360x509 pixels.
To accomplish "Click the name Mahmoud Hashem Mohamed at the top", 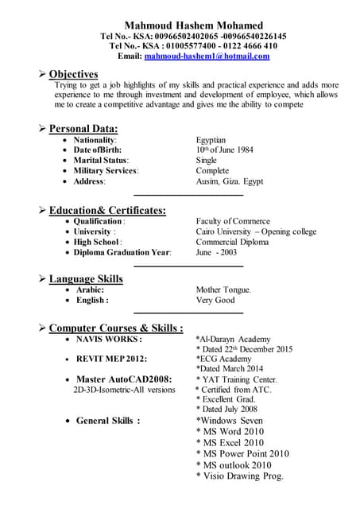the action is click(193, 25).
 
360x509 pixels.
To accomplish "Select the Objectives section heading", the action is click(73, 74).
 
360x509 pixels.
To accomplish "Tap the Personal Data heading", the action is click(83, 128).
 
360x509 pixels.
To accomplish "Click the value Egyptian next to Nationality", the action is click(211, 140).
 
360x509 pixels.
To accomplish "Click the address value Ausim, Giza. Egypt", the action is click(230, 181).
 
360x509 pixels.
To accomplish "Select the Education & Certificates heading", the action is click(107, 210).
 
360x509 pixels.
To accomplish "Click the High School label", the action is click(97, 242).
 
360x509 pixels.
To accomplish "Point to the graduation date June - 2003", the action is click(216, 252).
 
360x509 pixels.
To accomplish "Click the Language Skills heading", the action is click(86, 279).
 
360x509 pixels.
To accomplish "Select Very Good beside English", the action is click(215, 301).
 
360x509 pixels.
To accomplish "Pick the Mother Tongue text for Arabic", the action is click(223, 290).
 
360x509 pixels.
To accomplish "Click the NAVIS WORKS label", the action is click(109, 339).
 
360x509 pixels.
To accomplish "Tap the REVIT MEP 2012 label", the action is click(111, 359).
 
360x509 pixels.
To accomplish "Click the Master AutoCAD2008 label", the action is click(124, 379).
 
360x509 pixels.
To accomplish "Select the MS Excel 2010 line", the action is click(230, 442).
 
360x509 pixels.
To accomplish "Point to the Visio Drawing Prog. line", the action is click(239, 476).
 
